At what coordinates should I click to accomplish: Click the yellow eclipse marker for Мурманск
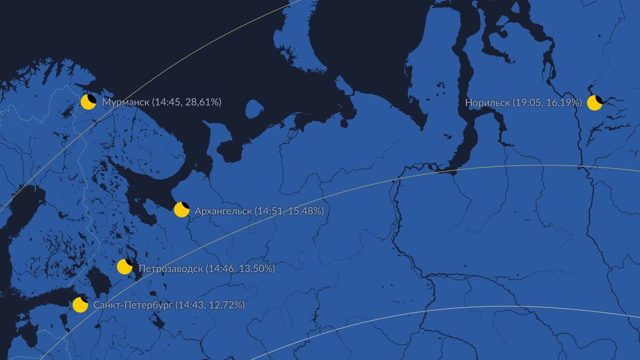[x=88, y=102]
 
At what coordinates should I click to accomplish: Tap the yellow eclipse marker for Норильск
[x=595, y=103]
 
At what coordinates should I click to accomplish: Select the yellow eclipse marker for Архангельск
[x=182, y=210]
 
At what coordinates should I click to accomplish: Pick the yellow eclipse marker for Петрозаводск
[x=125, y=267]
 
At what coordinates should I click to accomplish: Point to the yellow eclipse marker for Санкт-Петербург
[x=80, y=305]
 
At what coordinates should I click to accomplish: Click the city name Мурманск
[x=125, y=102]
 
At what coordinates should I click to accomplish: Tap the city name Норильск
[x=487, y=102]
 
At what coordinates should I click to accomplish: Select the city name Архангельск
[x=223, y=211]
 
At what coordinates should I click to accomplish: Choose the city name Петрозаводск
[x=171, y=268]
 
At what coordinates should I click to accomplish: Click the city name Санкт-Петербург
[x=133, y=305]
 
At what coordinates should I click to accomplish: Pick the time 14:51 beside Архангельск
[x=267, y=211]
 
